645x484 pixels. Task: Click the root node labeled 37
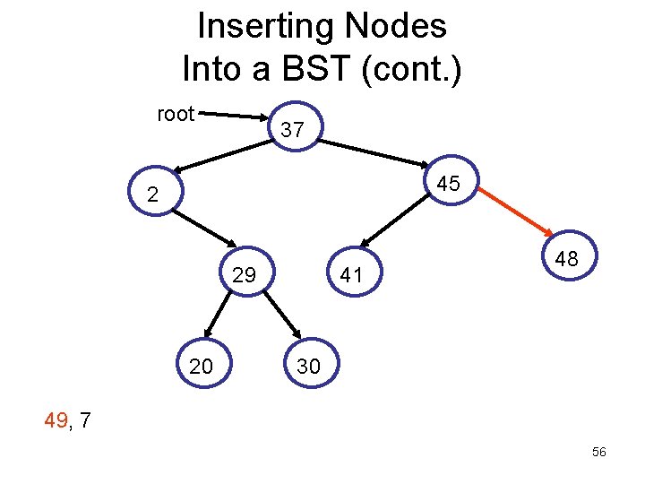point(296,126)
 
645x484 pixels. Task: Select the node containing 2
point(156,191)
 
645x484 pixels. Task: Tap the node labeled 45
point(451,180)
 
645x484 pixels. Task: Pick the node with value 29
point(247,272)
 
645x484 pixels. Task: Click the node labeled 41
point(354,272)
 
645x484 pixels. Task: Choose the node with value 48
point(570,255)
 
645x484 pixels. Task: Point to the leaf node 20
point(204,363)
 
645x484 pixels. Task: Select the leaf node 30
point(312,363)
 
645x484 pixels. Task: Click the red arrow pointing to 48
point(516,212)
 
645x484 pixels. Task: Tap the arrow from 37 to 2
point(223,156)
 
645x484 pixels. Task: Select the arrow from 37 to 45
point(374,153)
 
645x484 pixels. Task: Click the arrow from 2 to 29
point(204,229)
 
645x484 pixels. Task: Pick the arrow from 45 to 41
point(395,220)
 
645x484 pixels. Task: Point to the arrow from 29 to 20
point(217,315)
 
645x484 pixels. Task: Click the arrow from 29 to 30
point(282,315)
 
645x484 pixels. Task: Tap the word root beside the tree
point(176,114)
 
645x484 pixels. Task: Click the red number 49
point(56,420)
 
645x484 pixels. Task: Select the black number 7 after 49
point(84,420)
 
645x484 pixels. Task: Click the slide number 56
point(599,452)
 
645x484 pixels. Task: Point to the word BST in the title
point(316,68)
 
